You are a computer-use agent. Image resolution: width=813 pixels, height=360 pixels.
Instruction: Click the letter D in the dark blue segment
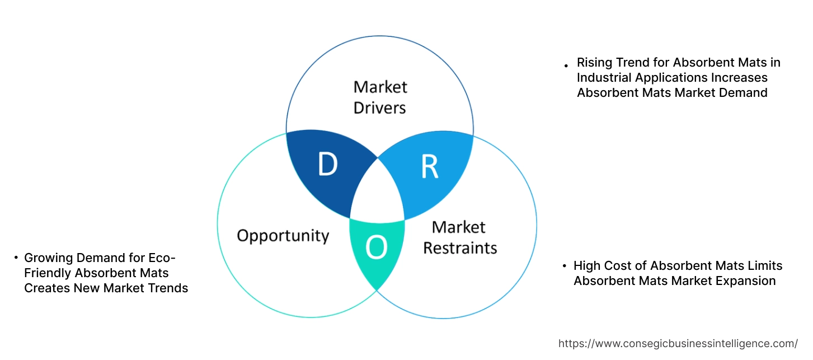click(x=327, y=163)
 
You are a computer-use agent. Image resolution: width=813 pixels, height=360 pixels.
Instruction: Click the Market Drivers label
click(x=380, y=97)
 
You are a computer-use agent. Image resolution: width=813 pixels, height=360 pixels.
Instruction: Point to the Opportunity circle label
click(x=283, y=235)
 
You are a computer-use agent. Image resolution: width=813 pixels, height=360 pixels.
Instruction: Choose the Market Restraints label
click(x=459, y=237)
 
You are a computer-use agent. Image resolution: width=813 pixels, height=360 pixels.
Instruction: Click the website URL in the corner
click(x=678, y=343)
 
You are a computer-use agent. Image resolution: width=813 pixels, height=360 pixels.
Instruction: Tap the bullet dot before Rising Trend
click(x=566, y=66)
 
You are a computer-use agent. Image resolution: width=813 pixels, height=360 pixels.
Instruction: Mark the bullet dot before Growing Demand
click(x=16, y=258)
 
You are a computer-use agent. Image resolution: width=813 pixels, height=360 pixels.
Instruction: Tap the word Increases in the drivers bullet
click(x=740, y=77)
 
